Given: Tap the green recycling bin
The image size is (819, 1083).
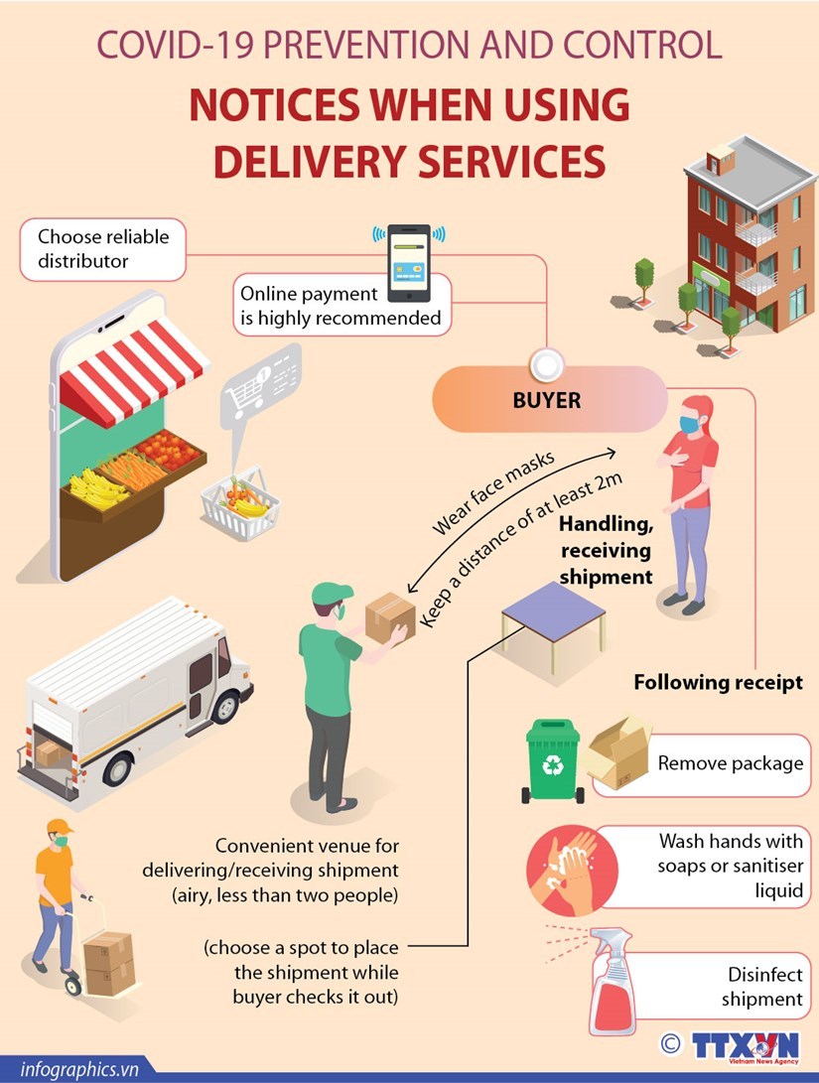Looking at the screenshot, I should (x=554, y=761).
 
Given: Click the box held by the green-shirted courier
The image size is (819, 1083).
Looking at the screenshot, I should (x=389, y=617).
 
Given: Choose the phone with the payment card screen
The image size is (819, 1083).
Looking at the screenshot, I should (x=408, y=264).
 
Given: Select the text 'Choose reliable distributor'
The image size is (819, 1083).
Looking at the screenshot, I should (x=103, y=249).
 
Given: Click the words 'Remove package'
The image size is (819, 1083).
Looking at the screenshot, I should (x=730, y=763).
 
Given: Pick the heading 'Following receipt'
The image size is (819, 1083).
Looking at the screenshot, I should (x=718, y=683).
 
